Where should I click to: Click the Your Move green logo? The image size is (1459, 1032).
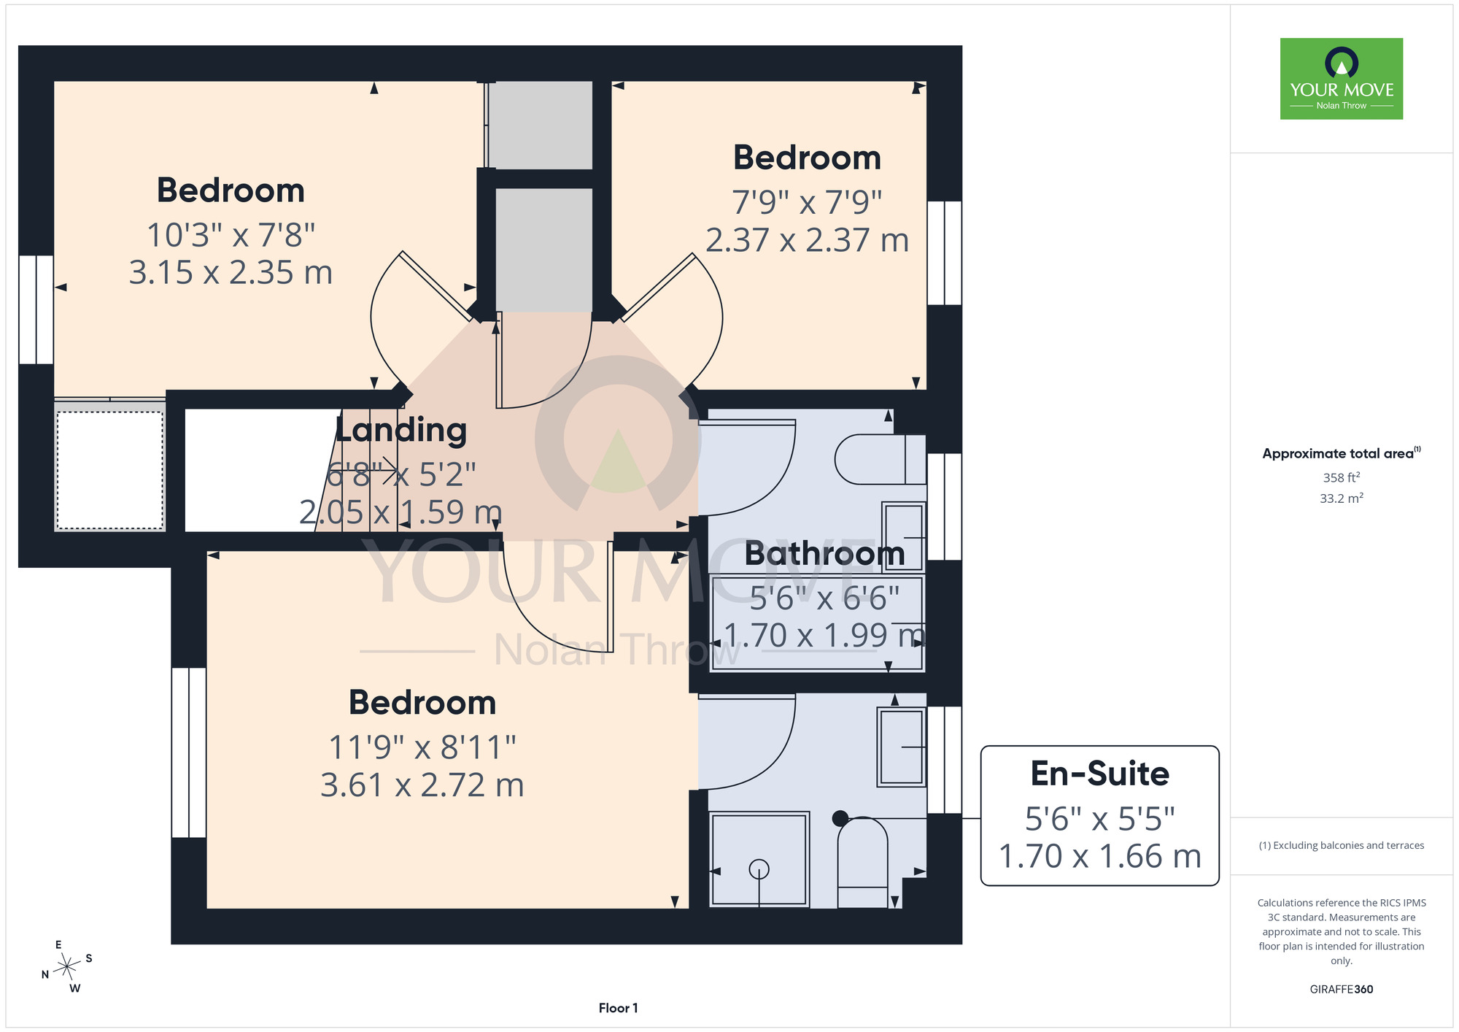(1341, 79)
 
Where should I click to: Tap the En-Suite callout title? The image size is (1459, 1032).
(1099, 774)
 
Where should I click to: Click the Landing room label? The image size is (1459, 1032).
(401, 430)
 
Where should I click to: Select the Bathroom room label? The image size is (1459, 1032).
(825, 553)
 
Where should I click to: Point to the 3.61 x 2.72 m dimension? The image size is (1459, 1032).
(422, 785)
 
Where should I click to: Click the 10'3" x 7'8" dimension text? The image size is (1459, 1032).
(231, 235)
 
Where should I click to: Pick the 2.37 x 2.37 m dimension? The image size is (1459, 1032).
(808, 240)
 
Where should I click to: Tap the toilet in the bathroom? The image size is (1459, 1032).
(880, 460)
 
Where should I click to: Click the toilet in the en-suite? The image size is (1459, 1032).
(862, 862)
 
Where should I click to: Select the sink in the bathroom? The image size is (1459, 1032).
(904, 536)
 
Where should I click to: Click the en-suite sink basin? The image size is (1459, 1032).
(902, 746)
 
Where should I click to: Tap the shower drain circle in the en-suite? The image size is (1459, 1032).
(759, 869)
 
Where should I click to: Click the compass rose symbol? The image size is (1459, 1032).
(67, 967)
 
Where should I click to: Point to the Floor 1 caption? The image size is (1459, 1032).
(618, 1008)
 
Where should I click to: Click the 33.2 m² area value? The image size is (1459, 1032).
(1341, 498)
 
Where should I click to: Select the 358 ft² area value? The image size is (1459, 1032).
(1341, 477)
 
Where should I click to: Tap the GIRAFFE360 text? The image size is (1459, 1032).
(1341, 990)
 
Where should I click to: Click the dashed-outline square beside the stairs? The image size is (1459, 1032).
(110, 470)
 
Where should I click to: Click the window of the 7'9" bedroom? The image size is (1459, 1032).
(945, 253)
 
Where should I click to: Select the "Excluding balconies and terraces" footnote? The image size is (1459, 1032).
(1341, 845)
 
